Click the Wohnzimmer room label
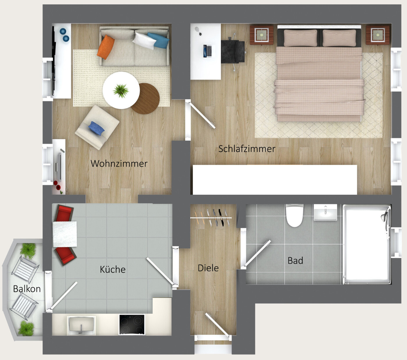[x=119, y=164]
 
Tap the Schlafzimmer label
[x=247, y=149]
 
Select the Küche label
[x=113, y=269]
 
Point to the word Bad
[x=295, y=261]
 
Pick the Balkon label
[x=27, y=289]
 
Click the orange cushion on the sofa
[x=105, y=47]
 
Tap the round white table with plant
[x=121, y=90]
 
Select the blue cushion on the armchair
[x=96, y=128]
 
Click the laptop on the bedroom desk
[x=207, y=51]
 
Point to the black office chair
[x=233, y=52]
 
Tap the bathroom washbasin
[x=325, y=212]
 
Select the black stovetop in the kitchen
[x=132, y=324]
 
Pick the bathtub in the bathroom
[x=367, y=244]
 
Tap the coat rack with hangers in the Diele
[x=211, y=217]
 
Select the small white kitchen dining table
[x=65, y=234]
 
